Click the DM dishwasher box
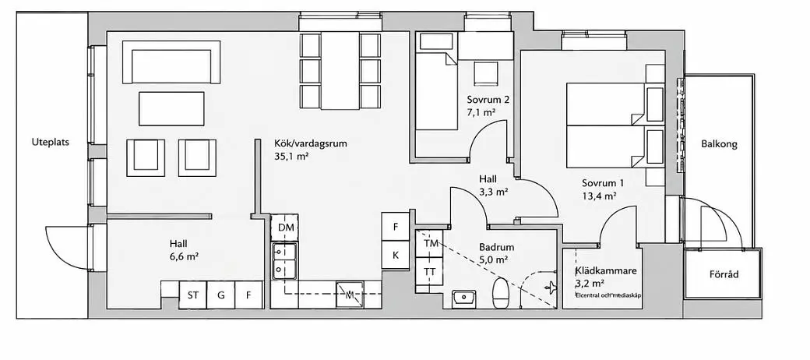point(284,228)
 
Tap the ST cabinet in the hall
point(192,295)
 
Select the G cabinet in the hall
point(220,295)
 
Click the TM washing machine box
point(430,243)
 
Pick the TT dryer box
point(430,272)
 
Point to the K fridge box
point(396,255)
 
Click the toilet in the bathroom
point(501,293)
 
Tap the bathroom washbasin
point(466,298)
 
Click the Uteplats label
point(50,142)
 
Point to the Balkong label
point(719,145)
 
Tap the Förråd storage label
point(723,274)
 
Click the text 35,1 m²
point(292,155)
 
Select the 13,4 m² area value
point(599,196)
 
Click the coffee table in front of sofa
point(171,108)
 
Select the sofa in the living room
point(171,62)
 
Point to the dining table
point(340,71)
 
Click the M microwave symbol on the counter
point(350,295)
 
